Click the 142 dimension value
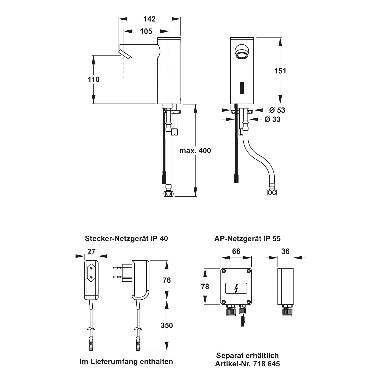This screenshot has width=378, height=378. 149,19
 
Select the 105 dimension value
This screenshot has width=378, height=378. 146,31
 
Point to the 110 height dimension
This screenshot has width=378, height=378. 93,79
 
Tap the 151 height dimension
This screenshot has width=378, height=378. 280,71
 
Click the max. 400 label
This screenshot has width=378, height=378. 195,151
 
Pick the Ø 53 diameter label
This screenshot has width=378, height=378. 277,110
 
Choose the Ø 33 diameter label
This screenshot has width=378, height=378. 272,119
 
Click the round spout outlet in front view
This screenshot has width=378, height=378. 242,52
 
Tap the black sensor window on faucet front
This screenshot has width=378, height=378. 242,88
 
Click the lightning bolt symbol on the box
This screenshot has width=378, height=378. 236,288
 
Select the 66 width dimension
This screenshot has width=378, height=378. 236,251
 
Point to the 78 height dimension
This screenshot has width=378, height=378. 205,286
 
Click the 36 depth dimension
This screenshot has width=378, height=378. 285,251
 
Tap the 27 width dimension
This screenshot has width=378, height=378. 91,251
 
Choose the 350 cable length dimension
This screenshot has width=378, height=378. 167,325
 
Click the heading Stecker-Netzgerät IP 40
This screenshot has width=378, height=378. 126,238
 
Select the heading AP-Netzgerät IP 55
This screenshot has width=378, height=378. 247,238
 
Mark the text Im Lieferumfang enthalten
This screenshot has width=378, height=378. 126,361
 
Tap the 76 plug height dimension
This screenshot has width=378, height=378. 167,280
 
